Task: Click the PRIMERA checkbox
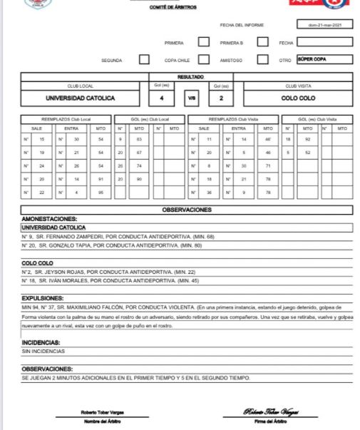(x=204, y=41)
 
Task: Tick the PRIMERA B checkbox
(x=262, y=41)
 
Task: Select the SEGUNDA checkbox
(x=144, y=59)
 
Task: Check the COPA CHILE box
(x=204, y=59)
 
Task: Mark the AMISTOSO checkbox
(x=262, y=59)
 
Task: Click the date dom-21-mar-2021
(x=324, y=25)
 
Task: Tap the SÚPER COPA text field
(x=324, y=59)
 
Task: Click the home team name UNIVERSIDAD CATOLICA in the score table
(x=81, y=98)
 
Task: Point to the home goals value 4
(x=162, y=98)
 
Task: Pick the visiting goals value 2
(x=221, y=98)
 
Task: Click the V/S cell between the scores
(x=191, y=98)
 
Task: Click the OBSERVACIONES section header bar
(x=187, y=210)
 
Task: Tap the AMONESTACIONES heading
(x=50, y=219)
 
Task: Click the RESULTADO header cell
(x=191, y=76)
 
